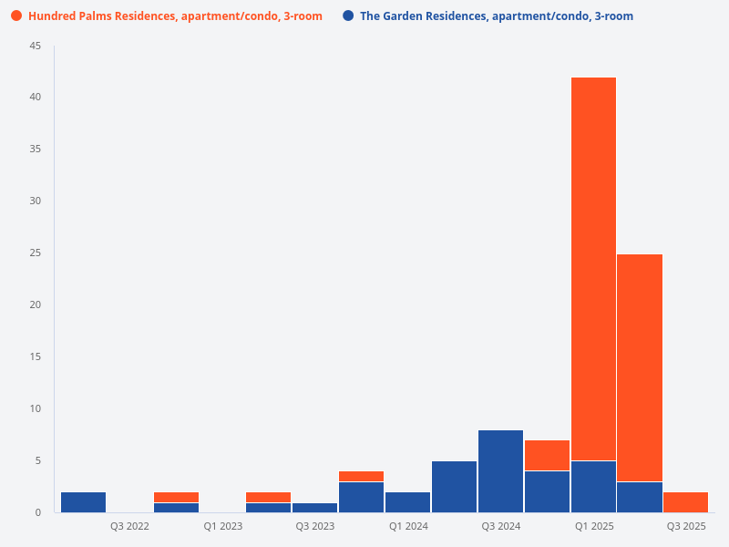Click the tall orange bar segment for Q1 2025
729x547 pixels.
coord(593,269)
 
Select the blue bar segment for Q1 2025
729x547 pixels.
coord(593,487)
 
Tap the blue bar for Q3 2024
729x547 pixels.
coord(500,471)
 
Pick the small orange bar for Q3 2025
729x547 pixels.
coord(685,502)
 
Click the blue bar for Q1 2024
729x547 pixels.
coord(407,502)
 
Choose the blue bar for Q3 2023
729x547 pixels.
coord(314,508)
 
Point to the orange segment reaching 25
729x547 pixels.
coord(640,368)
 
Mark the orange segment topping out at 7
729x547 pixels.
coord(547,456)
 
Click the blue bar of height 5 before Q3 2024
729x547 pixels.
coord(454,487)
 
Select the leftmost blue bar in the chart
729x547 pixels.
coord(83,502)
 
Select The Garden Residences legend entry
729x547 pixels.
coord(496,16)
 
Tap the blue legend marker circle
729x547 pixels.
coord(348,16)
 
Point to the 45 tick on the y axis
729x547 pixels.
coord(36,46)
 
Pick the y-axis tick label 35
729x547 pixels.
coord(36,150)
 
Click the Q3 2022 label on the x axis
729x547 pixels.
coord(129,526)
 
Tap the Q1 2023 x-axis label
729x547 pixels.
coord(222,526)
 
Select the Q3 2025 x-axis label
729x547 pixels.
coord(685,526)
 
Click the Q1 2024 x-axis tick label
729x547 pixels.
coord(407,526)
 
